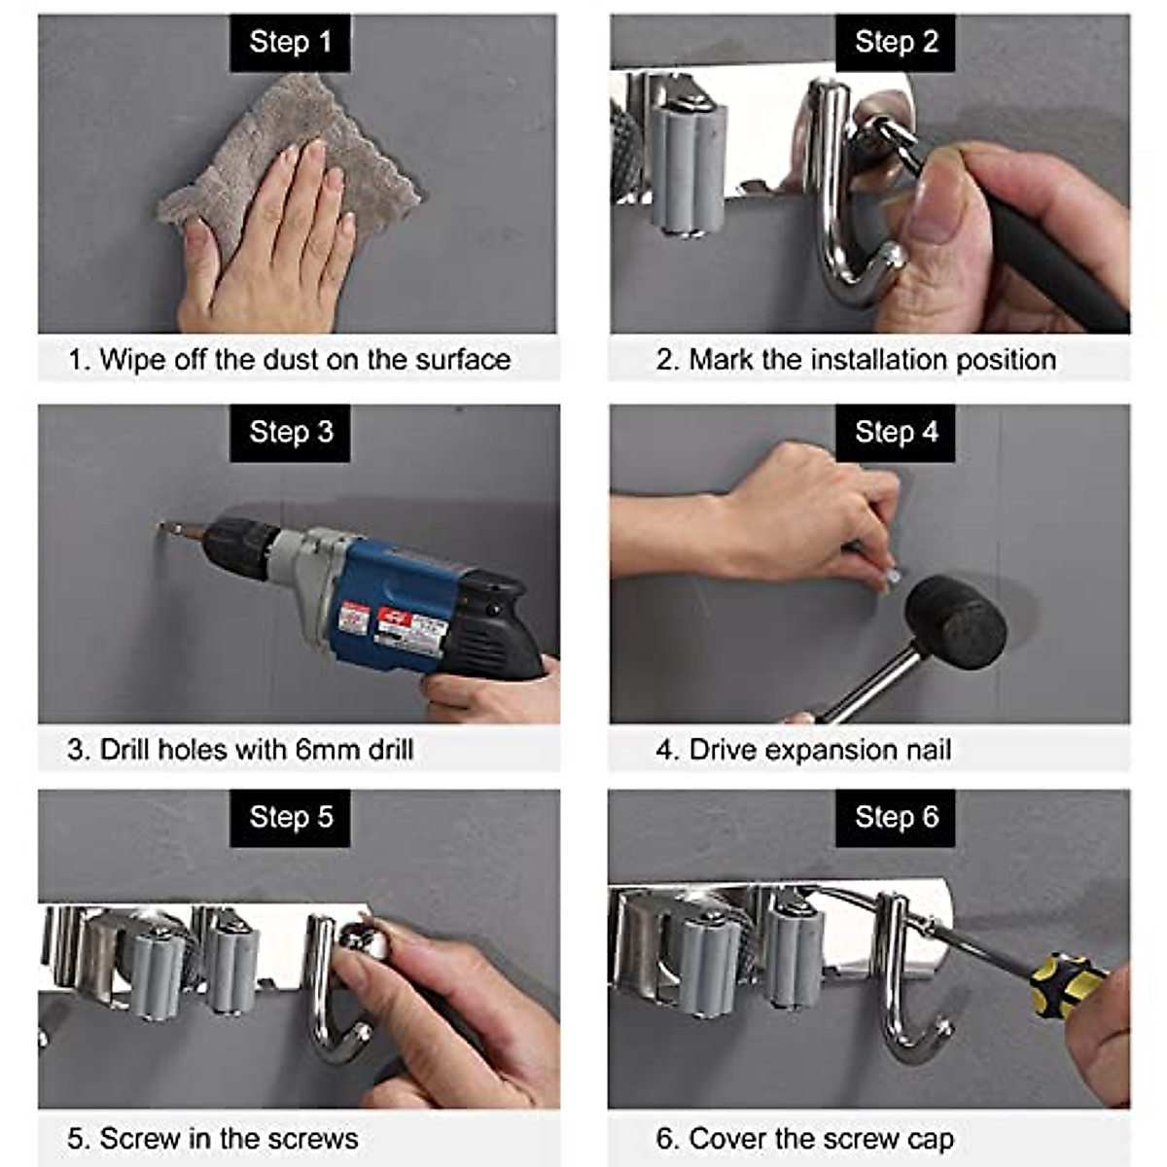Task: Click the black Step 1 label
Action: pyautogui.click(x=290, y=43)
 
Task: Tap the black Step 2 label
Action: pyautogui.click(x=896, y=43)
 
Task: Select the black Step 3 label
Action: pyautogui.click(x=290, y=432)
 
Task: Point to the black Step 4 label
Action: pyautogui.click(x=896, y=432)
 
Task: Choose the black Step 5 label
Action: pyautogui.click(x=290, y=817)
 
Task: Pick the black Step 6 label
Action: pyautogui.click(x=896, y=817)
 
